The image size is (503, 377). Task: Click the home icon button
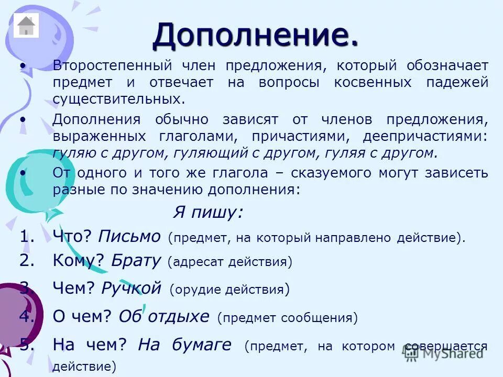point(26,26)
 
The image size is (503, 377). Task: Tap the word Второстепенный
point(113,66)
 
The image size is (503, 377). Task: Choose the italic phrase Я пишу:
point(208,212)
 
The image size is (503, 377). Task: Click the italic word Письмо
point(129,237)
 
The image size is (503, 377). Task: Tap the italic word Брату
point(136,261)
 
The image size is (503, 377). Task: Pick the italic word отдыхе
point(179,316)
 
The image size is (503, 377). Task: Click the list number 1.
point(27,237)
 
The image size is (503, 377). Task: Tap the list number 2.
point(27,260)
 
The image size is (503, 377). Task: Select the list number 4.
point(27,316)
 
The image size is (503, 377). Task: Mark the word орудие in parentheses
point(196,289)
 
